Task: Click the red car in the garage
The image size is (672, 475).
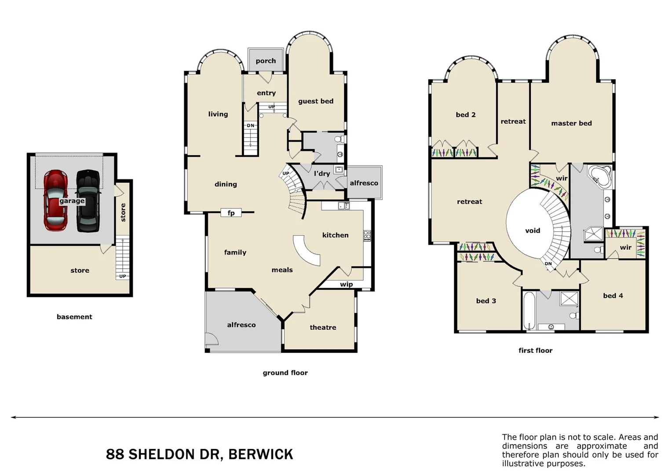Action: tap(55, 200)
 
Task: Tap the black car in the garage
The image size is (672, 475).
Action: tap(88, 200)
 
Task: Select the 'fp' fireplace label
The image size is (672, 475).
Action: tap(231, 213)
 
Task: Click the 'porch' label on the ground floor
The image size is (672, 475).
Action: tap(266, 61)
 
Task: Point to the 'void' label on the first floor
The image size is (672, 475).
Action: tap(533, 230)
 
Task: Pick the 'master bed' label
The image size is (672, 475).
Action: tap(571, 124)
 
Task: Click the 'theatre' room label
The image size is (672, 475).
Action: tap(323, 328)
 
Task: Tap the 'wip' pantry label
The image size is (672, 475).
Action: tap(346, 285)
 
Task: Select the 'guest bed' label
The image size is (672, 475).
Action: tap(316, 101)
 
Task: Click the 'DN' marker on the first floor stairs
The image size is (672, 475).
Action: tap(548, 264)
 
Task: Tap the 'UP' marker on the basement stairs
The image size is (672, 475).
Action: tap(123, 276)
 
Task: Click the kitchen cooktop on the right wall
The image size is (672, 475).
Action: tap(367, 235)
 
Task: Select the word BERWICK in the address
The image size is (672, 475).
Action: tap(261, 454)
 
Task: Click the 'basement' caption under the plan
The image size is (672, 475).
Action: tap(74, 317)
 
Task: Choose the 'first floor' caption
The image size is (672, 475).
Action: tap(535, 351)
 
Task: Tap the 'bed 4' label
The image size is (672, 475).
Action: tap(613, 296)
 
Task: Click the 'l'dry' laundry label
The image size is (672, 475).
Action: tap(322, 174)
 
